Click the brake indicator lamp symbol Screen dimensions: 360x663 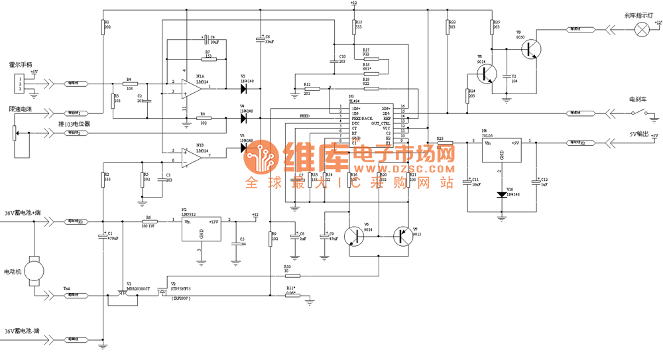(641, 29)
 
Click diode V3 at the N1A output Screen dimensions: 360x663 (243, 87)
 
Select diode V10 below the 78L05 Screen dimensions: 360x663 (501, 194)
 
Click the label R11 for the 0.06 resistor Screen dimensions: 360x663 (290, 287)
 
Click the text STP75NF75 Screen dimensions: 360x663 (180, 289)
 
